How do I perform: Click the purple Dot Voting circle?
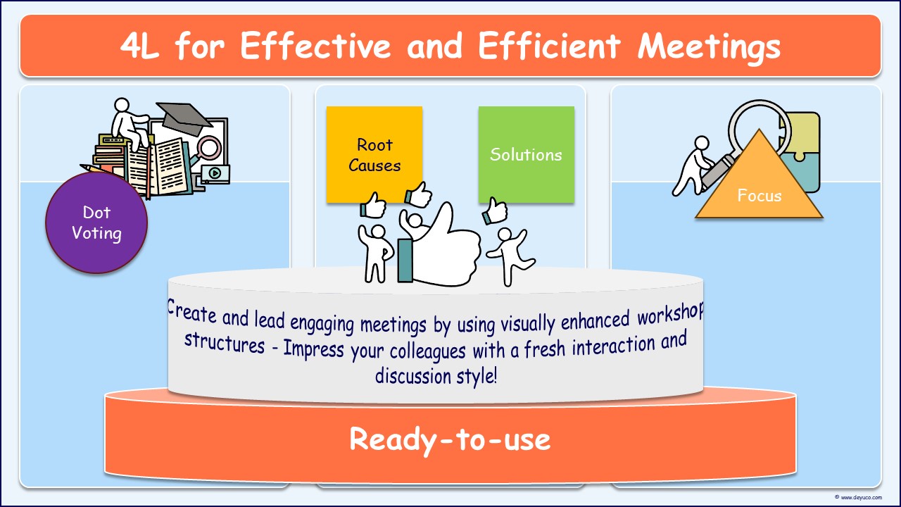pyautogui.click(x=96, y=223)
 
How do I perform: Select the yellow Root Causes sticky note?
pyautogui.click(x=374, y=155)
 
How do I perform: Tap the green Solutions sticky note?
pyautogui.click(x=526, y=155)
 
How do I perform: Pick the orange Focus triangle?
pyautogui.click(x=759, y=190)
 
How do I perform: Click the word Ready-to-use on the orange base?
pyautogui.click(x=450, y=439)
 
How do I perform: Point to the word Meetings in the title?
pyautogui.click(x=709, y=46)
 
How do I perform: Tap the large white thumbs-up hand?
pyautogui.click(x=443, y=246)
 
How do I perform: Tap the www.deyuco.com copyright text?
pyautogui.click(x=859, y=497)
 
